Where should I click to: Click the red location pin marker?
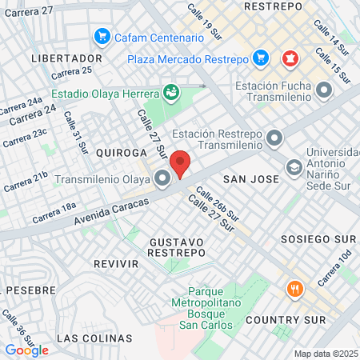point(181,162)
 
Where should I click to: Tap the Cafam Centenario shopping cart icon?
point(102,37)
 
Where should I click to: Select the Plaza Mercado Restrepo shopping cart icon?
point(260,58)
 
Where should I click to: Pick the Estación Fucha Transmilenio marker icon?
point(324,90)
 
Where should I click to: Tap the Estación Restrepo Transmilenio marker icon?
point(274,138)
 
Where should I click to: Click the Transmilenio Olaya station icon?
point(163,179)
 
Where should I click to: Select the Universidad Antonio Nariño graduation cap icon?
point(294,167)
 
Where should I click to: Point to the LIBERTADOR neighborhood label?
point(66,58)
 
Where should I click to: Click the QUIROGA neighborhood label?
point(122,152)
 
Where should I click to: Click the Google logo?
point(26,350)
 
